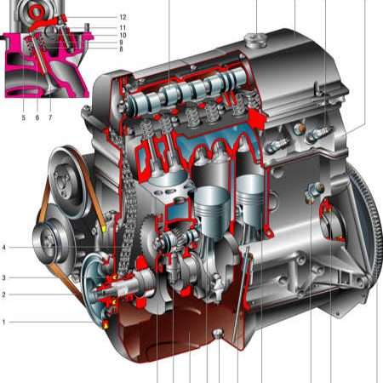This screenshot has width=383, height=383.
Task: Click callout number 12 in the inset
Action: pyautogui.click(x=123, y=17)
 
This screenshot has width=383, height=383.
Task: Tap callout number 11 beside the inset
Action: pyautogui.click(x=123, y=27)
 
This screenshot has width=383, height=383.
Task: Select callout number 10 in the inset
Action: pyautogui.click(x=123, y=35)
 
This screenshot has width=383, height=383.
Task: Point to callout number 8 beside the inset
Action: pyautogui.click(x=121, y=49)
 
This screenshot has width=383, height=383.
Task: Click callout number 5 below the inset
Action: pyautogui.click(x=24, y=117)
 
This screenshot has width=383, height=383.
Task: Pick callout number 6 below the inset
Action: pyautogui.click(x=37, y=117)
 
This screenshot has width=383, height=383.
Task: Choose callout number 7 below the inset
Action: pyautogui.click(x=50, y=117)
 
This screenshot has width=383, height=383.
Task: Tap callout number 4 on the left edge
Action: pyautogui.click(x=3, y=248)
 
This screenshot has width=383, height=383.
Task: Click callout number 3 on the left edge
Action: pyautogui.click(x=3, y=277)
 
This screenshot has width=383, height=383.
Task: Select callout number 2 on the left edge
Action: pyautogui.click(x=3, y=294)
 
